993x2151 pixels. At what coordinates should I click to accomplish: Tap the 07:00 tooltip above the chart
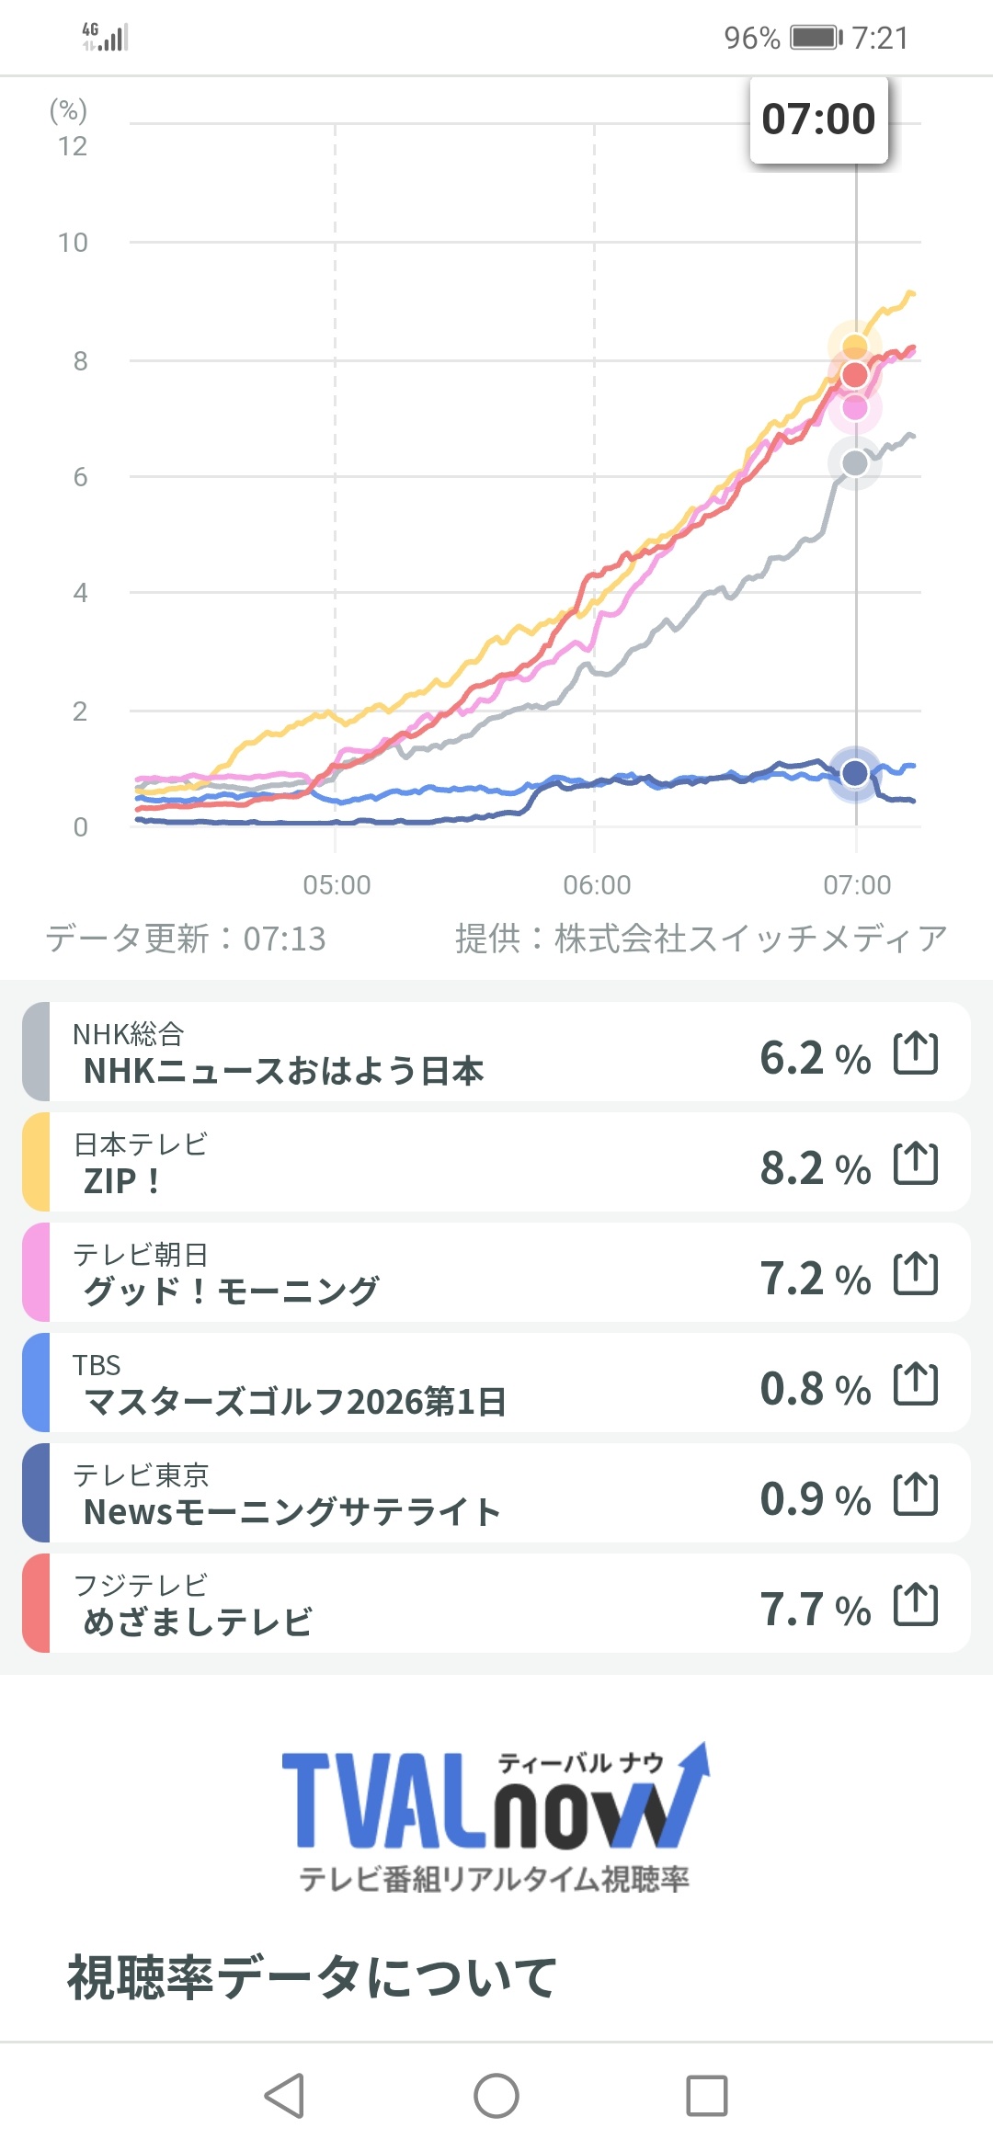[x=819, y=119]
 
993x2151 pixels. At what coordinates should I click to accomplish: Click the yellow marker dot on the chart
[x=855, y=347]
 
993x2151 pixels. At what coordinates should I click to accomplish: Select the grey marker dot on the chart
[x=855, y=463]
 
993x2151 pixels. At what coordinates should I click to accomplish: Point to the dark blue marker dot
[x=855, y=773]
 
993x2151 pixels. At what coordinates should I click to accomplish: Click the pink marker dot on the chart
[x=855, y=407]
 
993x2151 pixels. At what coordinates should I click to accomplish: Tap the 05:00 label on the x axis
[x=337, y=885]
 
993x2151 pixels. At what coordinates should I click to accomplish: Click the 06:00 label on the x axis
[x=597, y=885]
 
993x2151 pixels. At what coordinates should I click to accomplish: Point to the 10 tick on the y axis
[x=73, y=243]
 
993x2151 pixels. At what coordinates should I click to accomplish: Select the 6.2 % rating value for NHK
[x=815, y=1058]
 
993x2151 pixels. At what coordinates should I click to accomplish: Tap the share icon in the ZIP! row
[x=916, y=1164]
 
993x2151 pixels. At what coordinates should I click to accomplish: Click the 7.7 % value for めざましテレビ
[x=815, y=1610]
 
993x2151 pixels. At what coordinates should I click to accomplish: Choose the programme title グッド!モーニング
[x=231, y=1292]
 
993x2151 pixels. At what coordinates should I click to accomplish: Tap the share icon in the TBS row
[x=916, y=1384]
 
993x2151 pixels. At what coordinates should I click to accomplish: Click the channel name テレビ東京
[x=141, y=1475]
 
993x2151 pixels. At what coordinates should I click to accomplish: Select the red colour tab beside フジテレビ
[x=36, y=1603]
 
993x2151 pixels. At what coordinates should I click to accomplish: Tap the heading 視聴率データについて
[x=312, y=1977]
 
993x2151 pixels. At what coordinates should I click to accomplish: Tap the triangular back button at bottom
[x=284, y=2096]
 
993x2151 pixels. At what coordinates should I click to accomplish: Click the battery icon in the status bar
[x=816, y=38]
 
